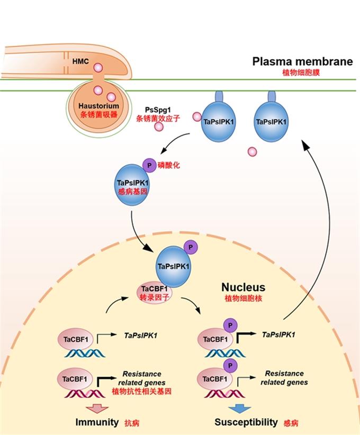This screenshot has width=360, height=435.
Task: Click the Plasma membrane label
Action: (x=302, y=61)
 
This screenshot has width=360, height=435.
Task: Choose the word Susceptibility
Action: (x=246, y=422)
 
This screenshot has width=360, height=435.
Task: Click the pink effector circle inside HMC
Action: (x=97, y=68)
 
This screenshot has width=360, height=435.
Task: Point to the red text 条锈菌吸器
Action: (x=94, y=114)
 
